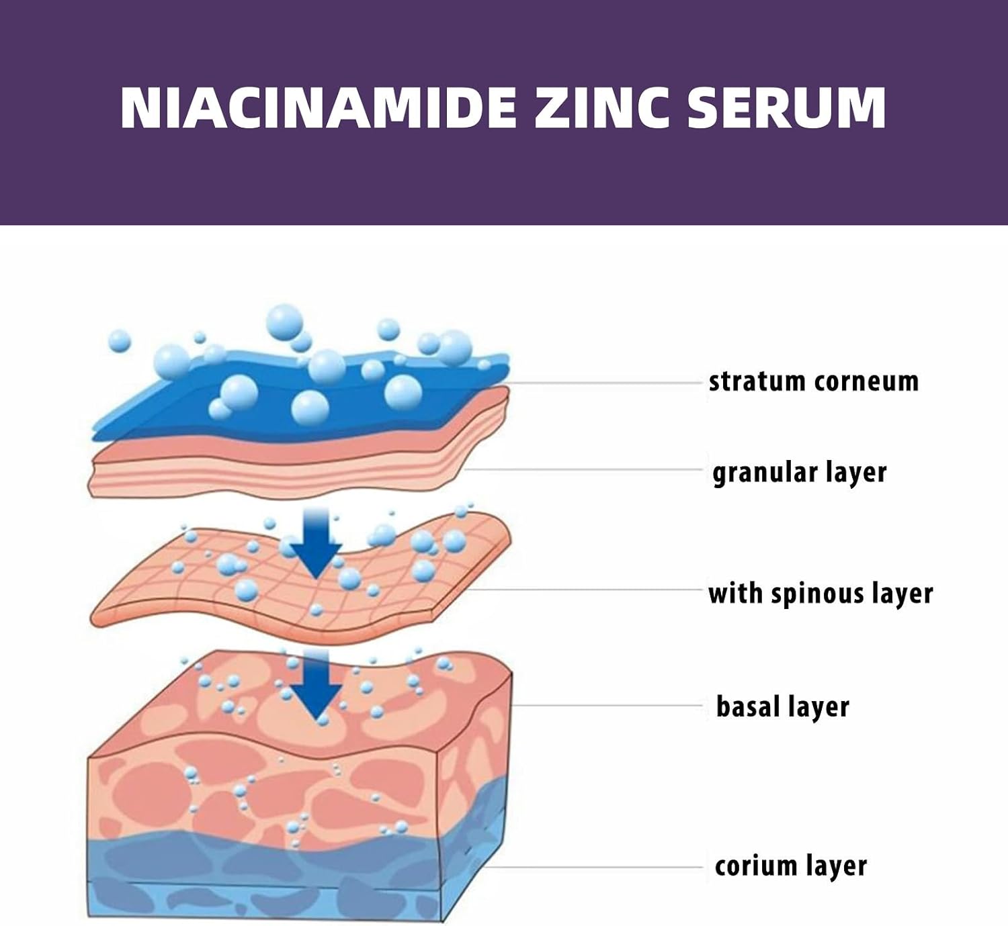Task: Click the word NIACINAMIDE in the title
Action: click(x=319, y=109)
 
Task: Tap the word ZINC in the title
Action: click(x=601, y=109)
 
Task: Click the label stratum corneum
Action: click(x=814, y=381)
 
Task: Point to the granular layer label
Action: click(x=800, y=473)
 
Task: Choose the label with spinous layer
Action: click(x=821, y=594)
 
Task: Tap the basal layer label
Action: click(x=782, y=707)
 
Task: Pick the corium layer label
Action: click(x=790, y=866)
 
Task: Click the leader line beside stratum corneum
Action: click(x=605, y=383)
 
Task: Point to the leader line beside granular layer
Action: click(x=583, y=470)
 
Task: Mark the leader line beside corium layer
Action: click(x=593, y=867)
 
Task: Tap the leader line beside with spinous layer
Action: click(x=585, y=590)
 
